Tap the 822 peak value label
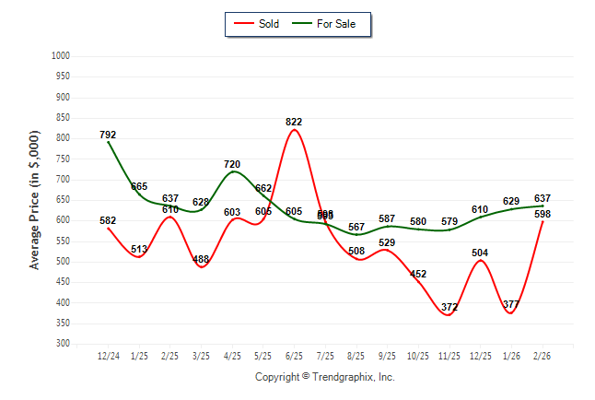[x=294, y=122]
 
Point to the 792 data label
[x=108, y=135]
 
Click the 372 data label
[x=449, y=307]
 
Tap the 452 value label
[x=418, y=274]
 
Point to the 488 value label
[x=201, y=260]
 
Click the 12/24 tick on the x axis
[x=108, y=355]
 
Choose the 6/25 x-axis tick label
[x=294, y=355]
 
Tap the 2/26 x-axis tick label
[x=542, y=355]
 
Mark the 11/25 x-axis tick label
[x=449, y=355]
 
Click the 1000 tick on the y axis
[x=61, y=56]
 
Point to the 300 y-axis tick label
[x=64, y=344]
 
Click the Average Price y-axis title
[x=35, y=200]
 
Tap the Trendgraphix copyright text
[x=324, y=377]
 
